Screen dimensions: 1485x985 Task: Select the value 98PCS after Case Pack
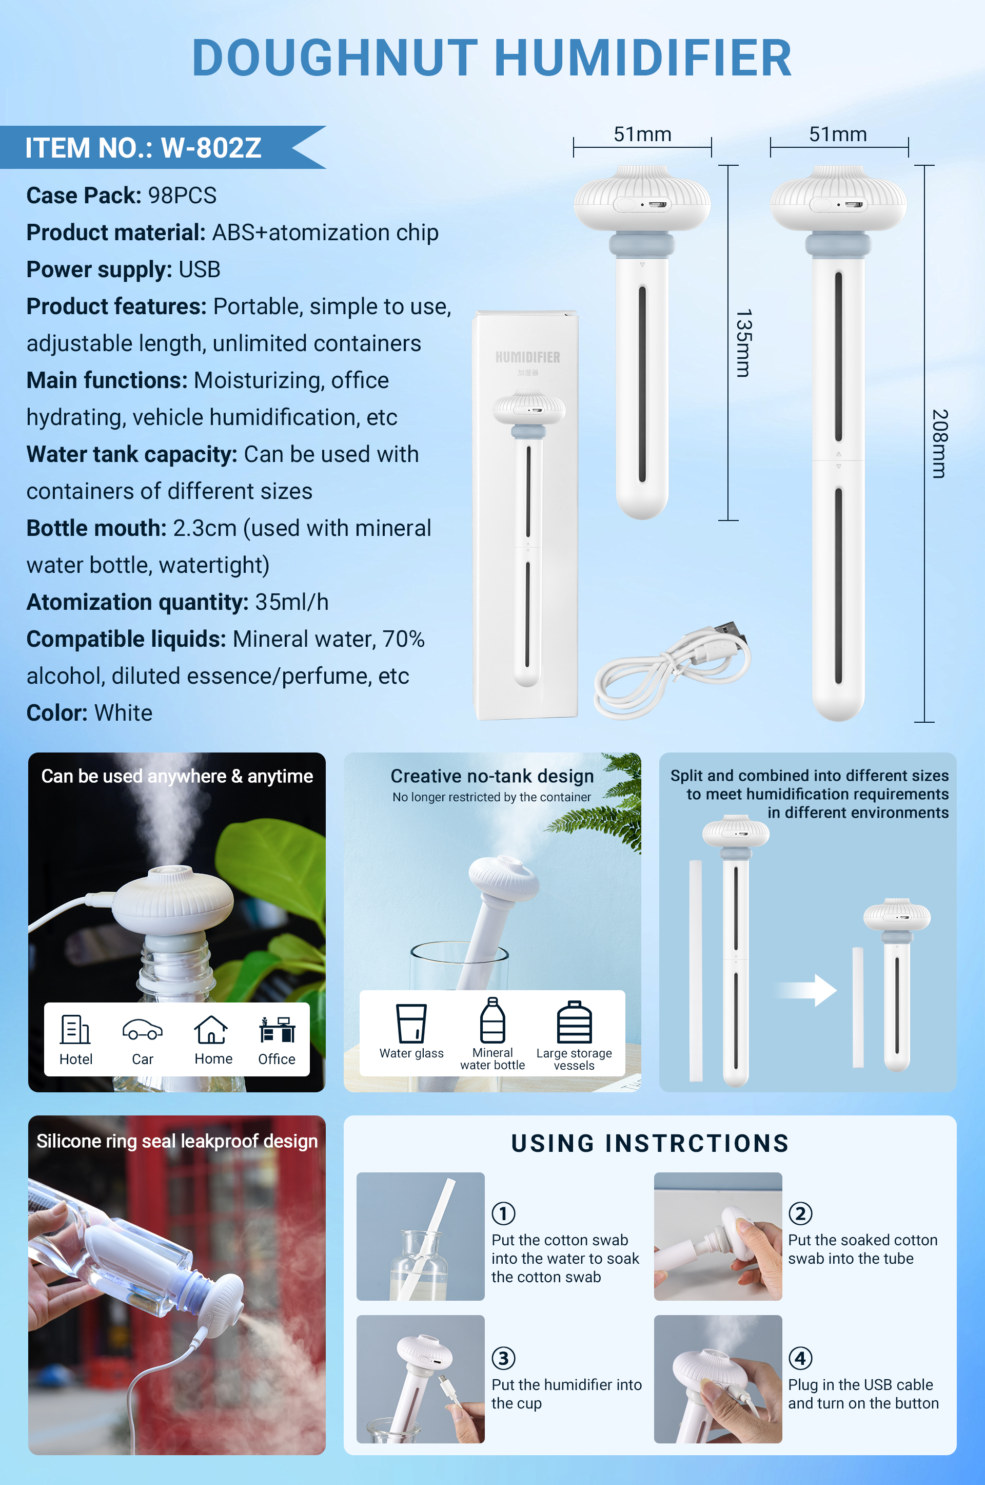coord(182,196)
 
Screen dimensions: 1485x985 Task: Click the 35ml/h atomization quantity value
coord(291,602)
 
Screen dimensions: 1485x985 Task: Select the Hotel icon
coord(75,1030)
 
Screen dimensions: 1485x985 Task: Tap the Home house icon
coord(211,1030)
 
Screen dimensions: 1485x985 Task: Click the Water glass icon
coord(411,1023)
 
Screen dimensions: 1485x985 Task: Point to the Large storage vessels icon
coord(574,1022)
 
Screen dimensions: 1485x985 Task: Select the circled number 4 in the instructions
coord(800,1358)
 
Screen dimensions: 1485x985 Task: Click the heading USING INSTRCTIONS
coord(650,1144)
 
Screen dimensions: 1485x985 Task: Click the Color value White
coord(123,712)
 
